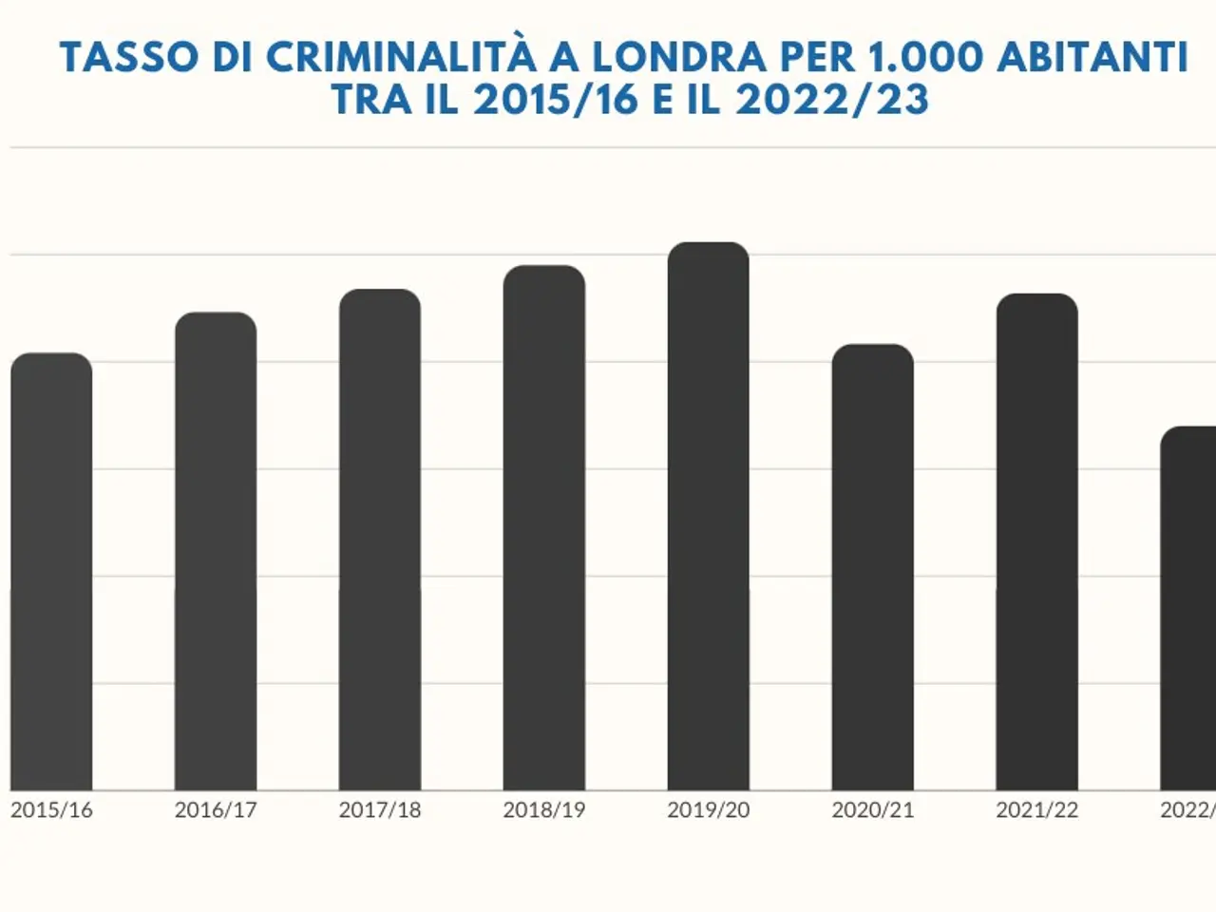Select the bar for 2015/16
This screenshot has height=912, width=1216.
pos(51,570)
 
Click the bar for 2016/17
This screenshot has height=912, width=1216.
pos(216,551)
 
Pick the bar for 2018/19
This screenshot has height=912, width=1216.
pos(544,527)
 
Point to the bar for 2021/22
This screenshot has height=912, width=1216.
pos(1037,541)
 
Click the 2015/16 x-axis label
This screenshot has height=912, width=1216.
pos(51,810)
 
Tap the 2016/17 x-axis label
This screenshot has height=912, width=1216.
pos(216,810)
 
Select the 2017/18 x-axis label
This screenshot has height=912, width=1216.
pos(380,810)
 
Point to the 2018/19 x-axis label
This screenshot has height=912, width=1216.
pos(544,810)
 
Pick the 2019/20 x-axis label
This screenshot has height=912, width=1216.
pos(709,810)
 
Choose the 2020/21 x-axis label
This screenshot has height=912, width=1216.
pos(873,810)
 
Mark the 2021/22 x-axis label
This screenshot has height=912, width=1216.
pos(1037,810)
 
